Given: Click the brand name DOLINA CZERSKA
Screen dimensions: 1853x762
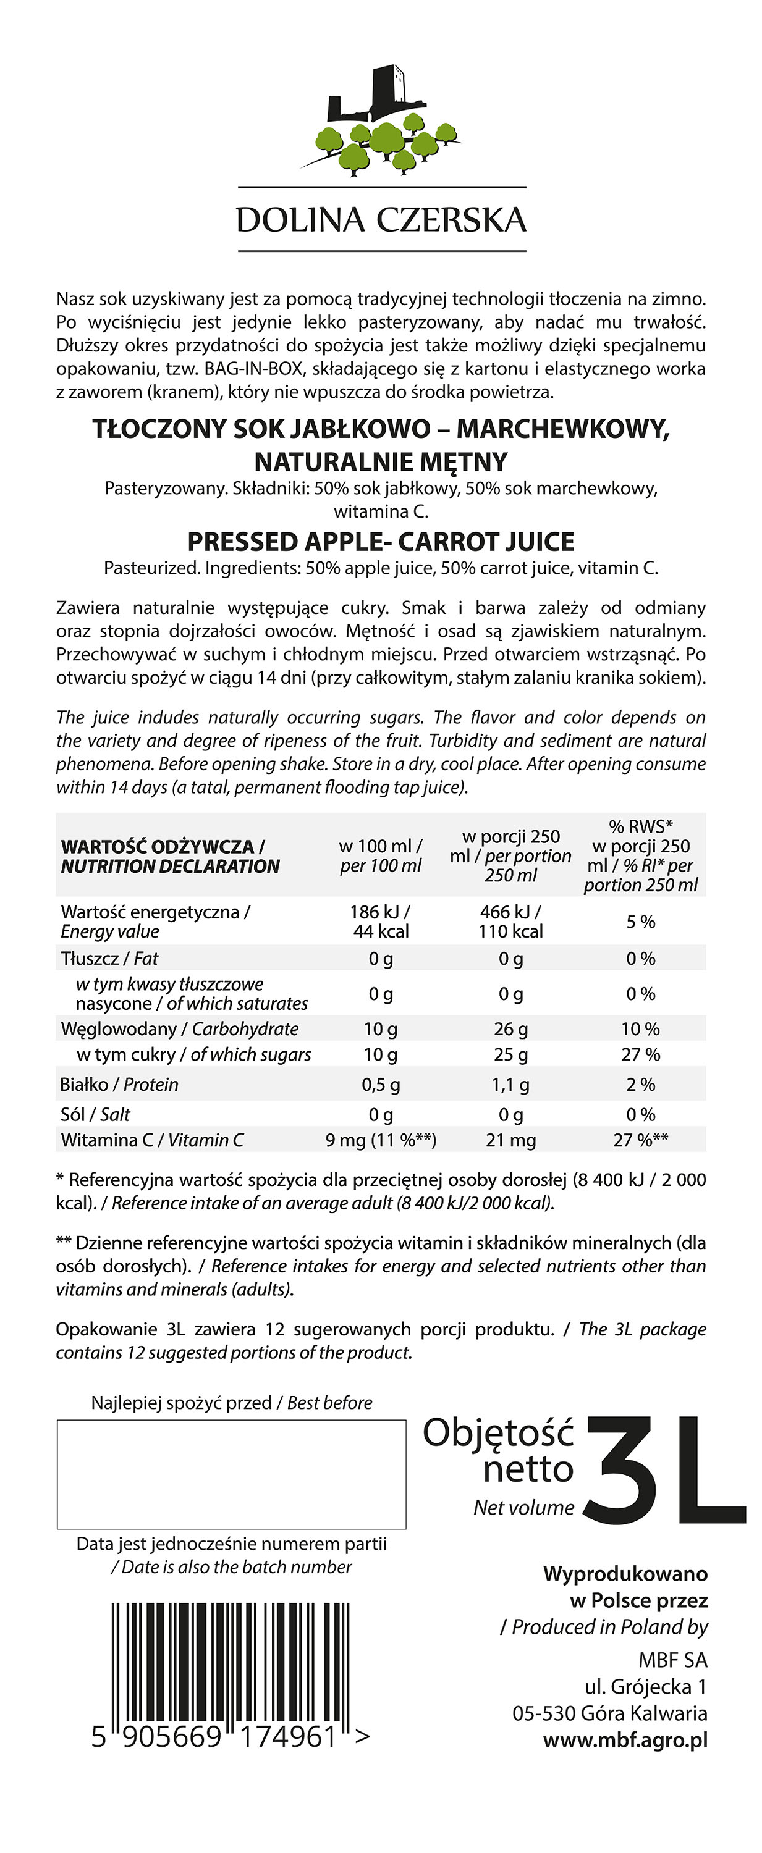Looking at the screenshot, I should tap(381, 220).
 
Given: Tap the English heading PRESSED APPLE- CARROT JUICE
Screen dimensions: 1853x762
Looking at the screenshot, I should tap(381, 542).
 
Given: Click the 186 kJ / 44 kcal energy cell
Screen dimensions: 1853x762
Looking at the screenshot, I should tap(381, 922).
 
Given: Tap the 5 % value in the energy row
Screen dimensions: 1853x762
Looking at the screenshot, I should tap(640, 922).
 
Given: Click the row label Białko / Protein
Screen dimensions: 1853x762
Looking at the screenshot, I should tap(119, 1084).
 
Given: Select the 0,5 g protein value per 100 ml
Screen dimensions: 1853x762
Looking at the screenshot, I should tap(381, 1084).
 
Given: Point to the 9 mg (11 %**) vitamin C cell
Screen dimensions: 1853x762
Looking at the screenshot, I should tap(381, 1140).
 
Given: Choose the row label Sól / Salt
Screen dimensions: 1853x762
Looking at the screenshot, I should tap(95, 1114).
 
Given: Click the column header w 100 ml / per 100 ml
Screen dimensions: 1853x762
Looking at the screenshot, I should tap(381, 856).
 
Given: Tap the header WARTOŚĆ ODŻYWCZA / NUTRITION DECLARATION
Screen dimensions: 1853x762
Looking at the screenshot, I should tap(170, 856).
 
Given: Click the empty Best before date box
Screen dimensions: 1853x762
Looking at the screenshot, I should tap(231, 1474).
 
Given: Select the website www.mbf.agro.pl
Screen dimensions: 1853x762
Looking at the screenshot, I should tap(625, 1740).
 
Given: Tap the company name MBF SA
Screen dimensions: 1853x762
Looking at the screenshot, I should tap(673, 1660).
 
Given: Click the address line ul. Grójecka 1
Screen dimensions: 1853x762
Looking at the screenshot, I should tap(645, 1687).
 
